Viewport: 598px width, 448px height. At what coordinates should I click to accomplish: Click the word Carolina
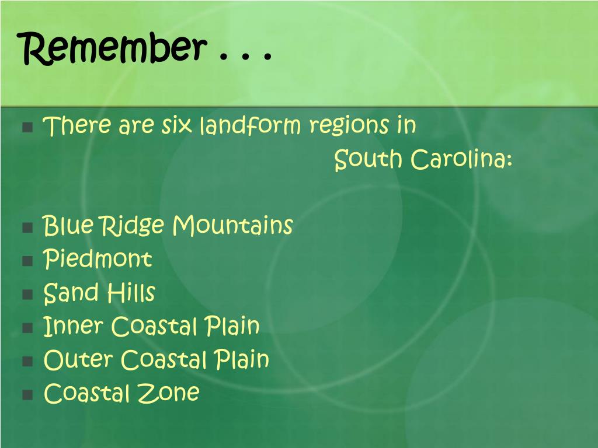pyautogui.click(x=461, y=159)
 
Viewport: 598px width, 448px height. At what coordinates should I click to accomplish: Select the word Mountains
pyautogui.click(x=232, y=225)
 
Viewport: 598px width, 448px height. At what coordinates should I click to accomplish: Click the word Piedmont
pyautogui.click(x=98, y=259)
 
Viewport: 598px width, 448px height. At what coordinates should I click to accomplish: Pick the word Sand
pyautogui.click(x=70, y=292)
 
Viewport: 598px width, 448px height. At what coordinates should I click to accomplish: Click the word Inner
pyautogui.click(x=74, y=326)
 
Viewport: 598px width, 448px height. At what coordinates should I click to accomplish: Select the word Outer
pyautogui.click(x=78, y=360)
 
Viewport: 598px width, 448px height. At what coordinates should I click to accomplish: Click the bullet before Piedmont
pyautogui.click(x=27, y=260)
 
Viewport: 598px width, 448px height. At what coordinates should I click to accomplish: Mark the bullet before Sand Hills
pyautogui.click(x=27, y=293)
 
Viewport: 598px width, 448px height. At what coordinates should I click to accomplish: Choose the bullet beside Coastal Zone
pyautogui.click(x=27, y=394)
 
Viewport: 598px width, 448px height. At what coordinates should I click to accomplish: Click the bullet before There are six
pyautogui.click(x=27, y=127)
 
